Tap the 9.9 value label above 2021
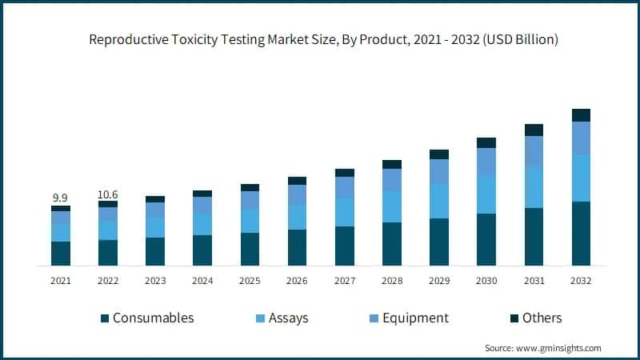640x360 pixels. coord(60,197)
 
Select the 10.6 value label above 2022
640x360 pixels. coord(108,194)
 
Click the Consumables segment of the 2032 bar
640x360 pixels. coord(581,233)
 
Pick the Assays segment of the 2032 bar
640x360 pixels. coord(581,178)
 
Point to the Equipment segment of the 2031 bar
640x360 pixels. coord(534,151)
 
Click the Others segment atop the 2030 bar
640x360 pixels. coord(486,142)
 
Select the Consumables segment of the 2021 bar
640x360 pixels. coord(61,253)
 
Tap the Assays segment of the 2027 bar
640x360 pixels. coord(345,212)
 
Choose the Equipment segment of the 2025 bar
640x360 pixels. coord(250,200)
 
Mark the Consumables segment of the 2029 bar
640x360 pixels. coord(439,242)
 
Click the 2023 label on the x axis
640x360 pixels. coord(155,281)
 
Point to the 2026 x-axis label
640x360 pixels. coord(298,281)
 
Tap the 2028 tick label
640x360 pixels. coord(392,281)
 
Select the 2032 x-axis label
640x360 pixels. coord(581,281)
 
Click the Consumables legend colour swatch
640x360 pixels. coord(104,318)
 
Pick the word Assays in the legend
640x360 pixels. coord(288,318)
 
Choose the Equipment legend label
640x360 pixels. coord(415,318)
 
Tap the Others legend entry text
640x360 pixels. coord(542,318)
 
